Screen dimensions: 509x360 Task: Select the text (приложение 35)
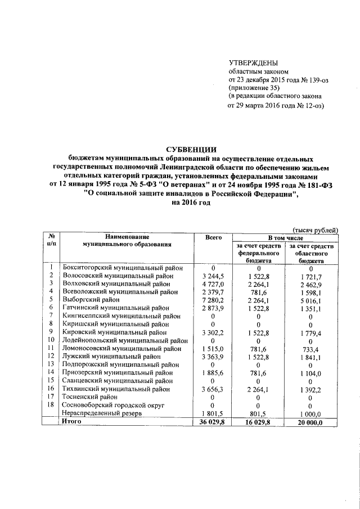pyautogui.click(x=253, y=88)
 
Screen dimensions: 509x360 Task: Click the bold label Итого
pyautogui.click(x=73, y=421)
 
